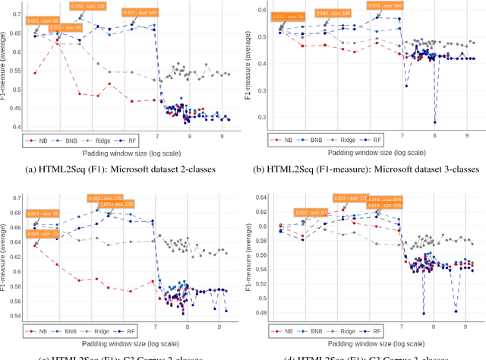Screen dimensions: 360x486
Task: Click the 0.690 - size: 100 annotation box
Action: [x=87, y=5]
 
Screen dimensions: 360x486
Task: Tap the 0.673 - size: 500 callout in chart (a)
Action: [x=140, y=13]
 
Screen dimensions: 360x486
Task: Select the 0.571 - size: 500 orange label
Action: [x=385, y=5]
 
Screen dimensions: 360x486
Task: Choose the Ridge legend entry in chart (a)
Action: [x=129, y=140]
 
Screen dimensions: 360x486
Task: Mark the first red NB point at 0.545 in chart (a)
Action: [x=35, y=73]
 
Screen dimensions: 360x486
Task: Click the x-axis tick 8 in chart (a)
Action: [x=190, y=136]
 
